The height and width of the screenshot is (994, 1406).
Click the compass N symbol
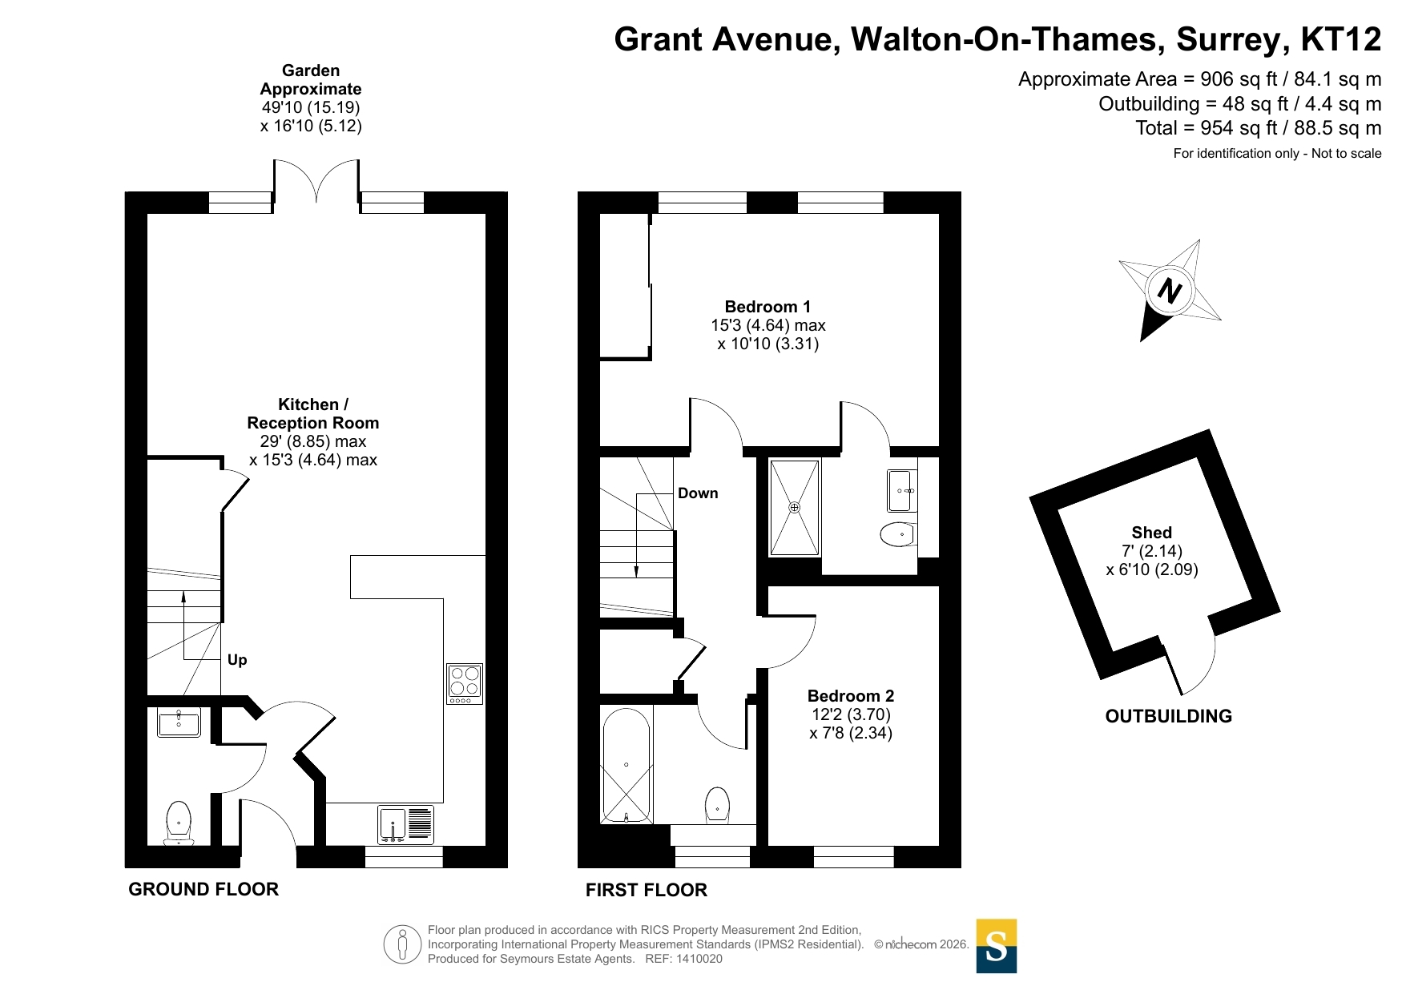[1170, 291]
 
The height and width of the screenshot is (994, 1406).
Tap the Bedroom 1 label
[767, 307]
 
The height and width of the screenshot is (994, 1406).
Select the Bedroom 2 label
[851, 696]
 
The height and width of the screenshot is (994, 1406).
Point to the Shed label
[1151, 533]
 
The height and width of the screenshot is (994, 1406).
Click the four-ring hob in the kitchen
[465, 684]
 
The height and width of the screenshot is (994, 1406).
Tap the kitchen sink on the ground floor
[405, 824]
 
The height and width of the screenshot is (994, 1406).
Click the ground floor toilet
[179, 823]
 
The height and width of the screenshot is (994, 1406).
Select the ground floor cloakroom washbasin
[179, 722]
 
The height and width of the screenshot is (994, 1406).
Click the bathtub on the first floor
[626, 766]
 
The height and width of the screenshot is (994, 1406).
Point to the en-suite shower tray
[795, 508]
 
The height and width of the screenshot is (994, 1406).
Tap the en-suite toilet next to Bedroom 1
[897, 534]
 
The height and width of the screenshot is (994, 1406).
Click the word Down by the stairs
[698, 493]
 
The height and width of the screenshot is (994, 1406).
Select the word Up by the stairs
[237, 660]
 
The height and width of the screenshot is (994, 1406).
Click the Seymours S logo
[997, 946]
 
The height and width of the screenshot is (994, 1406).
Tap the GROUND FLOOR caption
[203, 889]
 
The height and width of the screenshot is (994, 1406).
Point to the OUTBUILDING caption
[1169, 716]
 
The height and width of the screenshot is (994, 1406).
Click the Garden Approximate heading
[311, 79]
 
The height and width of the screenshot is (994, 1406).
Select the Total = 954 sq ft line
[1259, 128]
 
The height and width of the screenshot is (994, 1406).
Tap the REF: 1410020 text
[684, 959]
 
